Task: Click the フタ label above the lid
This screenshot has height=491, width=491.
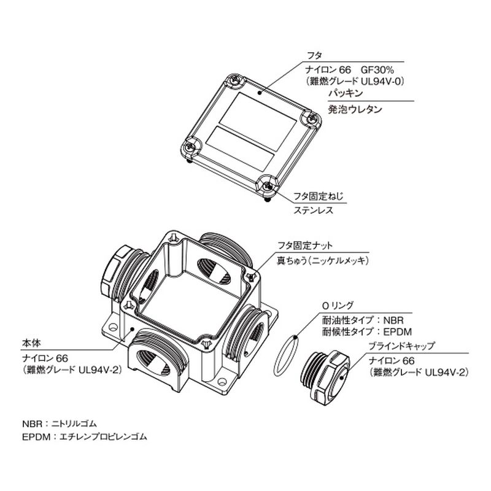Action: [314, 56]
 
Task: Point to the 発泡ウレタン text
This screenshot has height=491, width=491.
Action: [355, 109]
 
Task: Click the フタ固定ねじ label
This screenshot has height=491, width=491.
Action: [318, 196]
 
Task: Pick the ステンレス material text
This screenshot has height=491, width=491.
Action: [313, 210]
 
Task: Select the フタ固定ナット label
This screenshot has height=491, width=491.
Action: [305, 245]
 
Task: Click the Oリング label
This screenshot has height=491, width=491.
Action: [338, 305]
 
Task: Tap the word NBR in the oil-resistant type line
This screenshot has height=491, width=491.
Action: [393, 320]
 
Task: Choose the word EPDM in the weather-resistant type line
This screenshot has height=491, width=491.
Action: [398, 331]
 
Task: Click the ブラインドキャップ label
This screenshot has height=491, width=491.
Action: [401, 346]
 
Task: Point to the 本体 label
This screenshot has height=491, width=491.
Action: [31, 343]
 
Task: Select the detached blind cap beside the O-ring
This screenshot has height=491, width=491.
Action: [325, 375]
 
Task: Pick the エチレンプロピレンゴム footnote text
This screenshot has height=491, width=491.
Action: [103, 436]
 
